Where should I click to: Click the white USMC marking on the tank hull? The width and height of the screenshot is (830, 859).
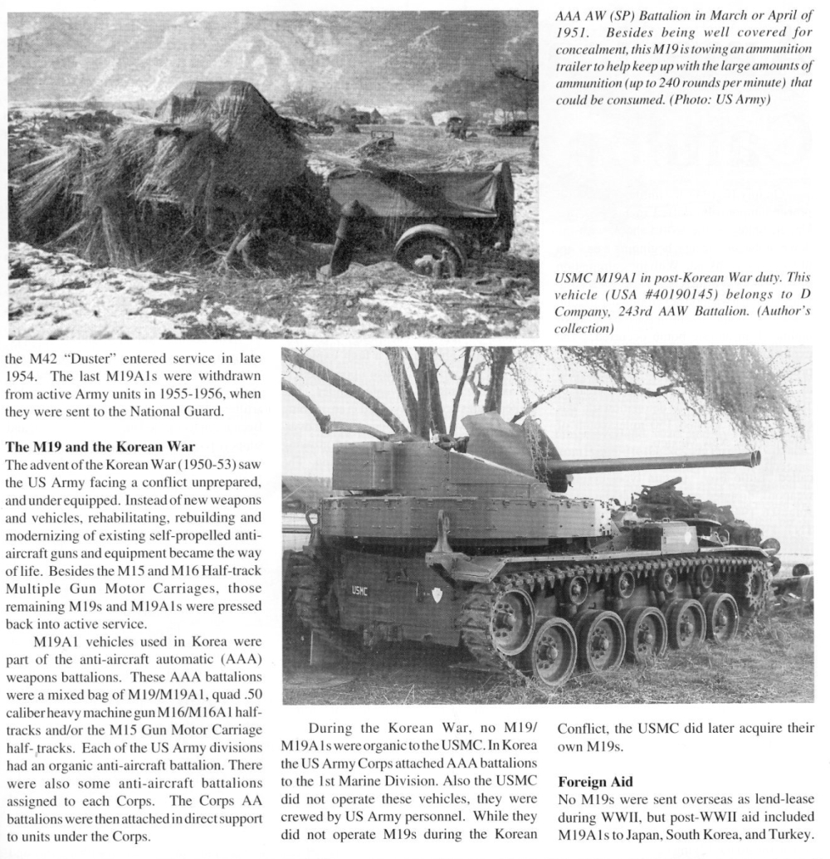click(359, 590)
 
